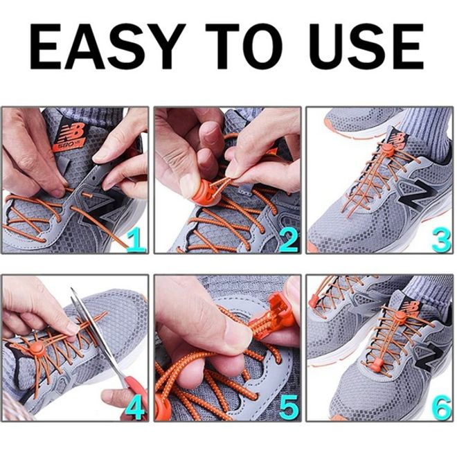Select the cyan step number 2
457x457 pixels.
[x=289, y=240]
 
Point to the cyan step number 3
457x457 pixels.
[x=441, y=240]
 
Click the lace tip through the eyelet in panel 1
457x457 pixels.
[x=87, y=195]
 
